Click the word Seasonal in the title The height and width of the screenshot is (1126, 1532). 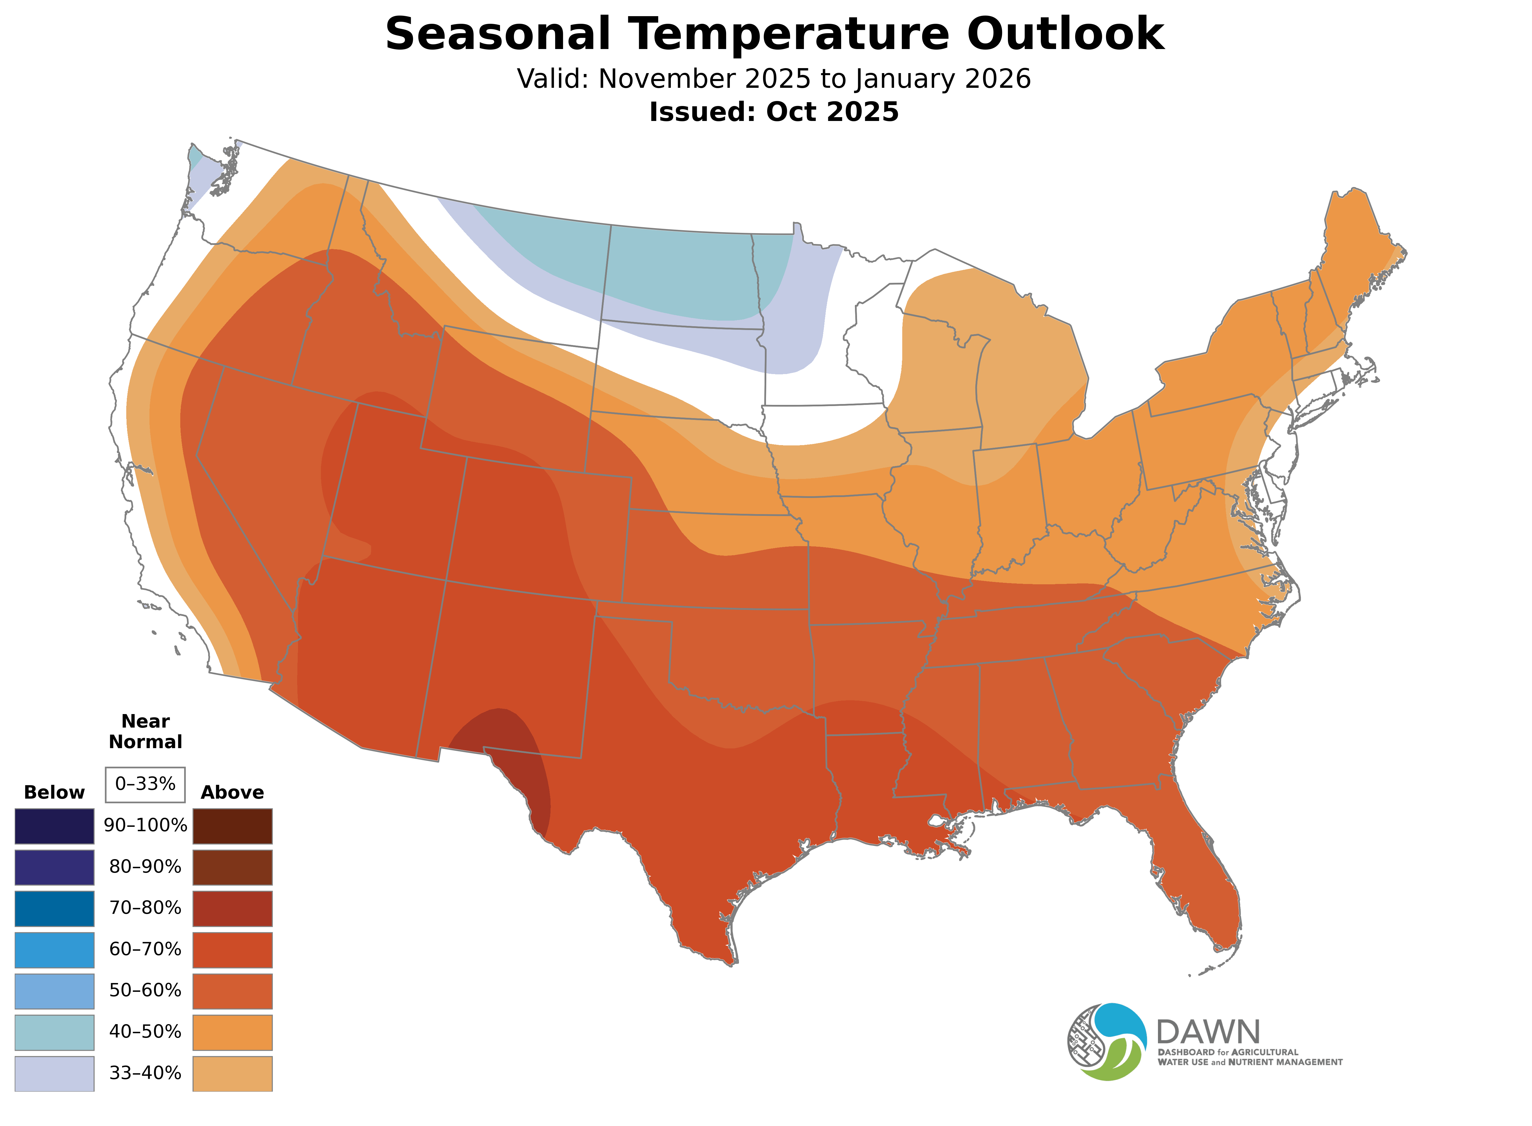tap(497, 34)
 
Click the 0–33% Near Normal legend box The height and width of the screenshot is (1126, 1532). tap(145, 784)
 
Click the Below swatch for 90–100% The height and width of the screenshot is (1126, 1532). tap(55, 825)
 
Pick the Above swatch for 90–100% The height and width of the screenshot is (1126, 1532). tap(233, 825)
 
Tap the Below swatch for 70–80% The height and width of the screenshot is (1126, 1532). tap(55, 908)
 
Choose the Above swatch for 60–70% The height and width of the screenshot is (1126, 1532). tap(233, 950)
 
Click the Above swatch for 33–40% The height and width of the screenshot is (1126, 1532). tap(233, 1073)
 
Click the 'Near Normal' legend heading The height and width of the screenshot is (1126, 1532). tap(145, 731)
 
